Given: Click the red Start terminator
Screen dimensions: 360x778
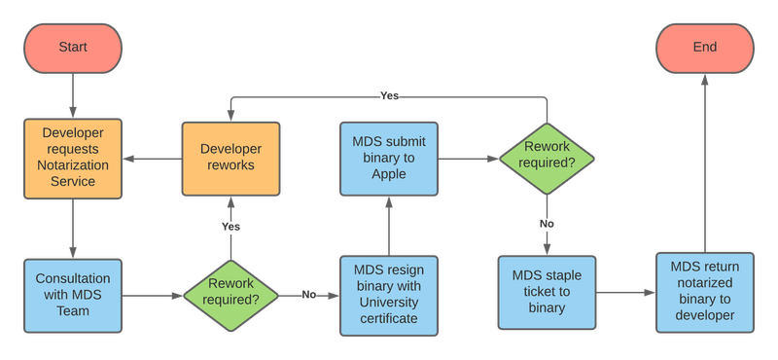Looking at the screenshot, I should [x=74, y=48].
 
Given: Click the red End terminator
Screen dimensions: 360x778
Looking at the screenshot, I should [x=704, y=48].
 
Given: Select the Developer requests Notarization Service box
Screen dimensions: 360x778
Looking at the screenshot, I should [x=74, y=160].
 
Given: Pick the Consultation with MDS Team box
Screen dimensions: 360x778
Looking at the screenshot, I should [x=74, y=293].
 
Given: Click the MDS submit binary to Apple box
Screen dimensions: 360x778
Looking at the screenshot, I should [x=388, y=160].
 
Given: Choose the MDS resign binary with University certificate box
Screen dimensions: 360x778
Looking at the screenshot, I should [x=388, y=293].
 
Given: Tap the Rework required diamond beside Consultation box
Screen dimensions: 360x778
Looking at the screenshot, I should [x=230, y=293].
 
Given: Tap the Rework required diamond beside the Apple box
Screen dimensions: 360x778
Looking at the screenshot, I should [x=547, y=160].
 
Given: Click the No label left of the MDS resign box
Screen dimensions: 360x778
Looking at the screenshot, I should [x=308, y=293].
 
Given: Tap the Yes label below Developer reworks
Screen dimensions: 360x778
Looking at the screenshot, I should [x=230, y=226].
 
